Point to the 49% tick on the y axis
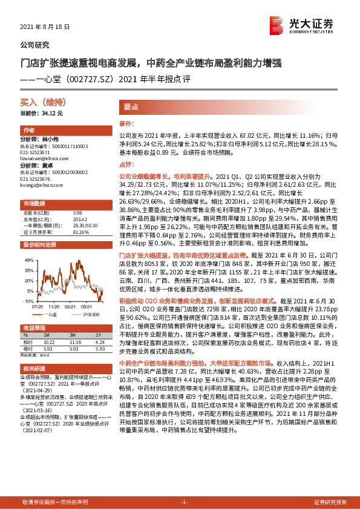pyautogui.click(x=29, y=260)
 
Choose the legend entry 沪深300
pyautogui.click(x=88, y=314)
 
